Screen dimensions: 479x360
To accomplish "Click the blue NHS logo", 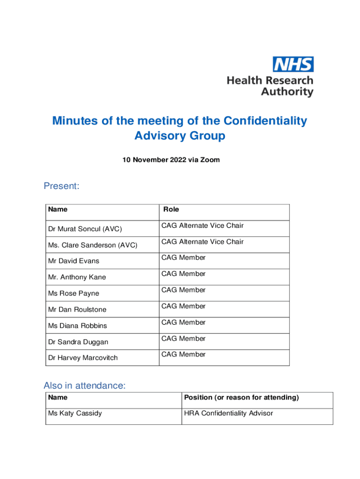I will coord(293,64).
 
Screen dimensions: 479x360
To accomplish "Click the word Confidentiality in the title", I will coord(265,121).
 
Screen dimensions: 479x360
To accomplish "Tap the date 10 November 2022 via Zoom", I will coord(171,160).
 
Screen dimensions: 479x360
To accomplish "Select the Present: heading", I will coord(62,186).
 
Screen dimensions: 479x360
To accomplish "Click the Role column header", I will coord(171,210).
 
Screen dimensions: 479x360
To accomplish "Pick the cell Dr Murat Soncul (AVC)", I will coord(85,229).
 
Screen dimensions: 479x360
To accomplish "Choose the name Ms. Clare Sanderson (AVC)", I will coord(93,245).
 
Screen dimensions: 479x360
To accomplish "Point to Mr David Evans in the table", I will coord(73,261).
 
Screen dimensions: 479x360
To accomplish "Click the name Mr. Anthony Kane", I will coord(77,277).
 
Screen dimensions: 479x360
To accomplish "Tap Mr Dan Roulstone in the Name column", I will coord(77,310).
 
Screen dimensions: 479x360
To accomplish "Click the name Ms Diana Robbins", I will coord(77,326).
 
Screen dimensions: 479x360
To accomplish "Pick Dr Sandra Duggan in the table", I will coord(78,342).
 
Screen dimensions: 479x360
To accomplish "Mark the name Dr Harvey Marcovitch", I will coord(83,358).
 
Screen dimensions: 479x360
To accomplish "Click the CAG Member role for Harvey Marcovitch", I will coord(183,355).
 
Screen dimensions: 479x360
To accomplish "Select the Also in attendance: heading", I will coord(85,385).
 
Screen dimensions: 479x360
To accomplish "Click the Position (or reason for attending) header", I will coord(241,398).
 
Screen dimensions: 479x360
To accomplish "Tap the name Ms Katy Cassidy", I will coord(75,414).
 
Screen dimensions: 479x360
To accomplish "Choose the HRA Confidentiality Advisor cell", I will coord(229,414).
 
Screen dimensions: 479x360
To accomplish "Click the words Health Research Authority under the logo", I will coord(270,86).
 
